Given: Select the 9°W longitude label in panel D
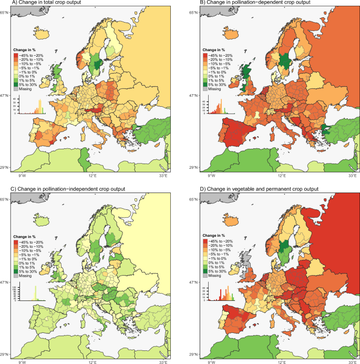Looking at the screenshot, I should point(211,362).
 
